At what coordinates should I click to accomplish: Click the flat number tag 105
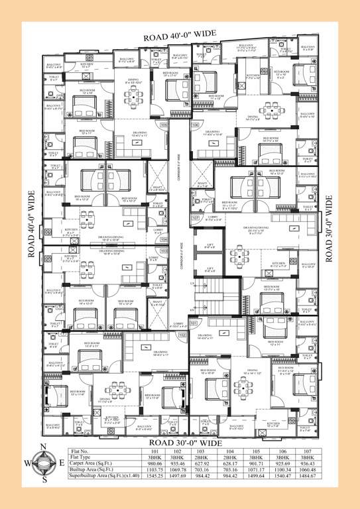(x=164, y=125)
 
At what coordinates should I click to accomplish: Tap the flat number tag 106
(x=195, y=125)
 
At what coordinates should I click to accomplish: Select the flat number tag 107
(x=195, y=217)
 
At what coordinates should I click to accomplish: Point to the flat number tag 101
(x=194, y=323)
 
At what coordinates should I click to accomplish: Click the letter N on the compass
(x=44, y=446)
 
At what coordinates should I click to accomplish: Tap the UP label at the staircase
(x=192, y=310)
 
